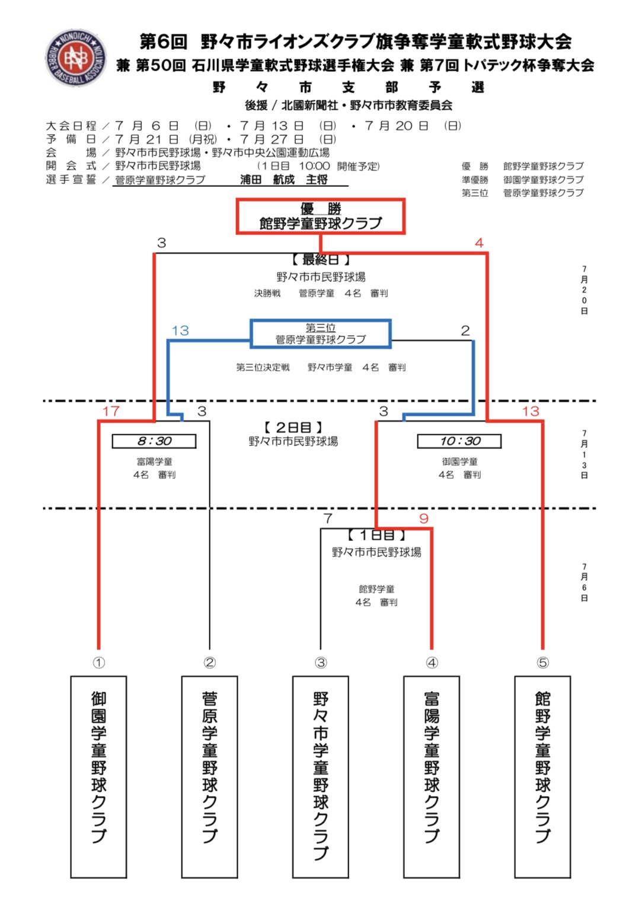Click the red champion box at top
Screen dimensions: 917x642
(x=321, y=216)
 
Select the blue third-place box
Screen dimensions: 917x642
(x=320, y=334)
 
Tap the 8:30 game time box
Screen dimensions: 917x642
(x=154, y=441)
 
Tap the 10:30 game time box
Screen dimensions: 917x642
(x=459, y=441)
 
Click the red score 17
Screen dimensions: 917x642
(x=111, y=411)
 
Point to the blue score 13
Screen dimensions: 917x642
(x=180, y=330)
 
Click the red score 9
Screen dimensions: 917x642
(x=423, y=518)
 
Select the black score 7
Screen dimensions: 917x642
(x=328, y=518)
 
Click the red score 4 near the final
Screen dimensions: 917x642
(x=479, y=243)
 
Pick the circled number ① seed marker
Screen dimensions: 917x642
(x=98, y=663)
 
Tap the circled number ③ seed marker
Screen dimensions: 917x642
(x=321, y=663)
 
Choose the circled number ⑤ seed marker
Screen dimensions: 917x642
(x=542, y=663)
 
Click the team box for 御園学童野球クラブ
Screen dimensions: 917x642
(x=98, y=776)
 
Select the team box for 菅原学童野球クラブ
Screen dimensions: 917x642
(x=209, y=776)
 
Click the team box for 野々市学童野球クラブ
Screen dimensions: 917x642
(x=321, y=776)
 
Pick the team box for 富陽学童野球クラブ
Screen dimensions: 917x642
(x=432, y=776)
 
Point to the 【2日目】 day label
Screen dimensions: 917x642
(x=293, y=427)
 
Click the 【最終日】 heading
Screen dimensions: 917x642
(x=321, y=259)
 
